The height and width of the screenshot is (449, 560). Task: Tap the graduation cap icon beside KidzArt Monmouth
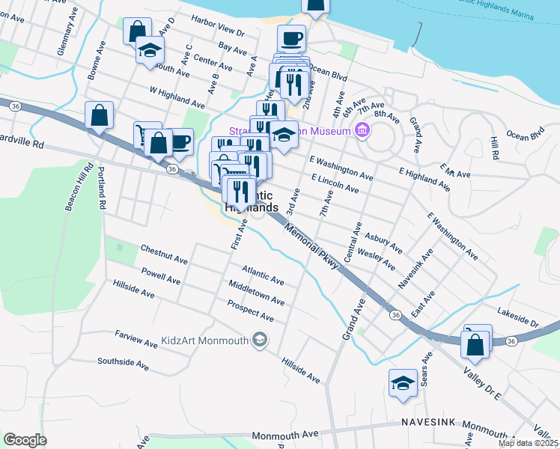[x=260, y=340]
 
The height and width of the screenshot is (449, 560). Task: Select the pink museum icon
[x=362, y=132]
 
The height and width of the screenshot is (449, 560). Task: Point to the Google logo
[x=25, y=440]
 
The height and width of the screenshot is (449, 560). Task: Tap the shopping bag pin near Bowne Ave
[x=99, y=117]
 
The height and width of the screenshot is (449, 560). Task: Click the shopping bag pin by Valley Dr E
[x=476, y=344]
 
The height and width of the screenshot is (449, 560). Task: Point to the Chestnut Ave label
[x=163, y=253]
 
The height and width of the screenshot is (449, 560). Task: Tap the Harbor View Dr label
[x=218, y=26]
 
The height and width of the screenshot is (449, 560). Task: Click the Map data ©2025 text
[x=528, y=443]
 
